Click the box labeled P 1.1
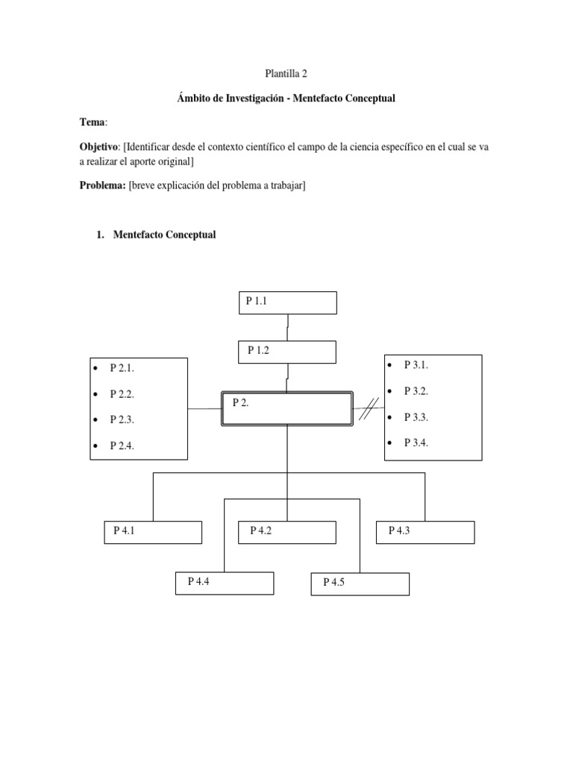tap(288, 303)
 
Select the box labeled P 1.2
tap(287, 352)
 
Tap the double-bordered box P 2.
tap(287, 408)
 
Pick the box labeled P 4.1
tap(153, 532)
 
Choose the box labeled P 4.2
tap(287, 532)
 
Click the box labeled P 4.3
tap(425, 532)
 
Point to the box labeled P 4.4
tap(225, 583)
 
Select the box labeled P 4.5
tap(360, 584)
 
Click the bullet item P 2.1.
tap(122, 368)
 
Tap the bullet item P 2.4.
tap(122, 446)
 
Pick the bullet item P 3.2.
tap(416, 390)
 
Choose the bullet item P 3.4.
tap(416, 443)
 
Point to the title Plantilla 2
tap(286, 74)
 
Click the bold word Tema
tap(93, 121)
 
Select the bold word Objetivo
tap(98, 148)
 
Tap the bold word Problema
tap(102, 186)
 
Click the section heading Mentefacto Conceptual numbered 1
tap(164, 235)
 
